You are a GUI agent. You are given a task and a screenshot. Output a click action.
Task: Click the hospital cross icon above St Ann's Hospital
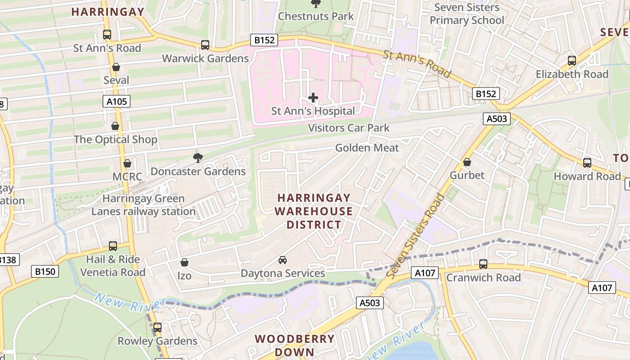(313, 97)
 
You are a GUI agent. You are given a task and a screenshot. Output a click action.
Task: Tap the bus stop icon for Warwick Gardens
(205, 45)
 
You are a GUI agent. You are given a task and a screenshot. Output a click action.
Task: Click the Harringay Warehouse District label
(314, 211)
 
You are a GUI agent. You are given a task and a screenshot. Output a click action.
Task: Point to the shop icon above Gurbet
(467, 162)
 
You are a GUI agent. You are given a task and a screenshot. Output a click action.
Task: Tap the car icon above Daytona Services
(283, 260)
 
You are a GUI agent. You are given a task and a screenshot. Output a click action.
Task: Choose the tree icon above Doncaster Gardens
(198, 157)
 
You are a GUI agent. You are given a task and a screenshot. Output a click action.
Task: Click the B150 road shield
(45, 271)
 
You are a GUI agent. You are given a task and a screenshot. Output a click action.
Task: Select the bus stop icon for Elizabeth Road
(572, 60)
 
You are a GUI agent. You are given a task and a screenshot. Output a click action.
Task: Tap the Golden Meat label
(367, 148)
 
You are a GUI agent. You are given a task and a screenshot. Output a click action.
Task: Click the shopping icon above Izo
(184, 262)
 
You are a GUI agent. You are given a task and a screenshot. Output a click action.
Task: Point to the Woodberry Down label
(295, 345)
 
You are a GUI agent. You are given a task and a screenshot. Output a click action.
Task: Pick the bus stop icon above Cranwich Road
(483, 264)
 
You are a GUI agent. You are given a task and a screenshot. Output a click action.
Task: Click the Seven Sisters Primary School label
(467, 14)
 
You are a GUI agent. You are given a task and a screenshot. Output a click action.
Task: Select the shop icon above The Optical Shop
(115, 126)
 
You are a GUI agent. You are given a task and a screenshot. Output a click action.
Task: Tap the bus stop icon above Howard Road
(587, 163)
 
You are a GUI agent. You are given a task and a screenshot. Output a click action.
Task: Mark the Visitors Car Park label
(349, 128)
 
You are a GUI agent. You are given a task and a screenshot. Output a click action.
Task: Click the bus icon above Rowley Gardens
(157, 328)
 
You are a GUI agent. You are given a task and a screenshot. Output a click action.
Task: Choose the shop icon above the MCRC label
(127, 163)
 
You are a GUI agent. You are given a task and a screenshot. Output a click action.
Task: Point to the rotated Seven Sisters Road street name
(414, 236)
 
